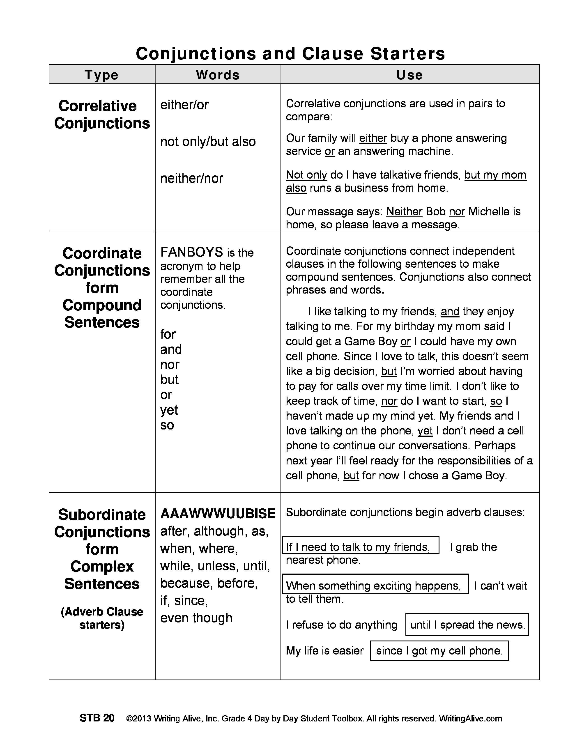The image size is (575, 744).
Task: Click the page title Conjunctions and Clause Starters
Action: (290, 53)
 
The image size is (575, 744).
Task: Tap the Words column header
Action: (218, 75)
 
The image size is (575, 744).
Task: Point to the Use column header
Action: (409, 75)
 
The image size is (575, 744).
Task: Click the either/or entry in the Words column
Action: (184, 105)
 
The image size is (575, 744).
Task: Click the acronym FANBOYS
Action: (191, 252)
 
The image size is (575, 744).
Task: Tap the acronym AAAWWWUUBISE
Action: (218, 513)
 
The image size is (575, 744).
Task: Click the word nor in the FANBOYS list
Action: (170, 365)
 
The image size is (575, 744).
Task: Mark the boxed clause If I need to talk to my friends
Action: (360, 547)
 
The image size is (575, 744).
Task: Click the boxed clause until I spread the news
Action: (467, 625)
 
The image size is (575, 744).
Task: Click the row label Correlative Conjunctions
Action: (102, 115)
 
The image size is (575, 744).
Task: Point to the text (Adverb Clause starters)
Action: (102, 618)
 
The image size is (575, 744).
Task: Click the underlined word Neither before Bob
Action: (404, 211)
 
